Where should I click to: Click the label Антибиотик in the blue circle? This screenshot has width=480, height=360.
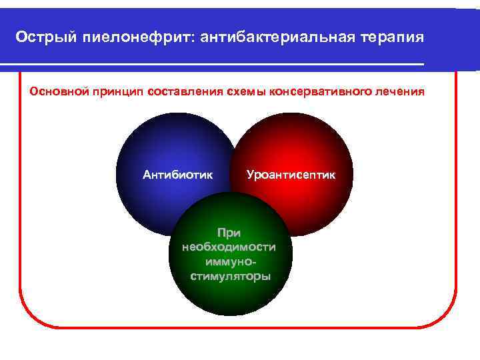(177, 175)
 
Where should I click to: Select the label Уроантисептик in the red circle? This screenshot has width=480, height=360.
(291, 175)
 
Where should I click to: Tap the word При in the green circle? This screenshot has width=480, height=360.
(229, 233)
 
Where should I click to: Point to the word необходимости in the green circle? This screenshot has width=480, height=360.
(228, 247)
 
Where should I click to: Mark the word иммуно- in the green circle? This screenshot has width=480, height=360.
(229, 262)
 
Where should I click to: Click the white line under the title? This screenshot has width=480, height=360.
(213, 64)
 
